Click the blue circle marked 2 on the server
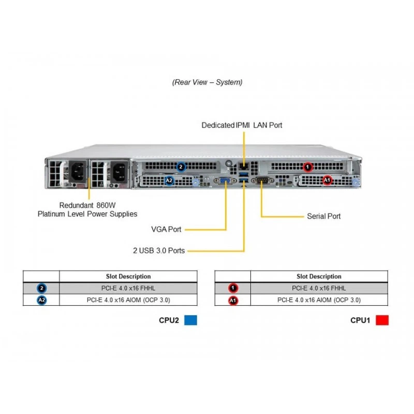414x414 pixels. click(x=181, y=167)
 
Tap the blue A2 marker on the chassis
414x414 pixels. click(x=169, y=181)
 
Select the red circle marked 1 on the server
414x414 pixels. click(x=307, y=167)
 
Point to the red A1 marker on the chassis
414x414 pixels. click(x=327, y=180)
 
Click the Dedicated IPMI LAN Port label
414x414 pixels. click(x=242, y=125)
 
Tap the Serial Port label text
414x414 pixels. click(x=324, y=216)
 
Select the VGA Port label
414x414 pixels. click(x=166, y=229)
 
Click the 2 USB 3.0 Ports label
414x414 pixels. click(x=159, y=250)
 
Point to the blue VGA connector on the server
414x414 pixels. click(x=225, y=181)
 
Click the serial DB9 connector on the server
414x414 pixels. click(x=261, y=181)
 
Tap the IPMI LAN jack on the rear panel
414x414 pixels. click(x=243, y=166)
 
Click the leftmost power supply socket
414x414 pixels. click(x=78, y=171)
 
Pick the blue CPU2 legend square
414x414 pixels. click(x=190, y=320)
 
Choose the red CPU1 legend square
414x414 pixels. click(x=382, y=320)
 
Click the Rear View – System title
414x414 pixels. click(x=208, y=82)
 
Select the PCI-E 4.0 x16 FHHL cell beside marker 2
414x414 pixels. click(x=128, y=288)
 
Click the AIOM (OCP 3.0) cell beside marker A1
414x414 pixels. click(x=319, y=300)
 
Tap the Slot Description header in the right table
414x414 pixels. click(x=319, y=276)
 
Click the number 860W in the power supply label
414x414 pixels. click(x=106, y=205)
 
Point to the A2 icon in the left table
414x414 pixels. click(x=42, y=300)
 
